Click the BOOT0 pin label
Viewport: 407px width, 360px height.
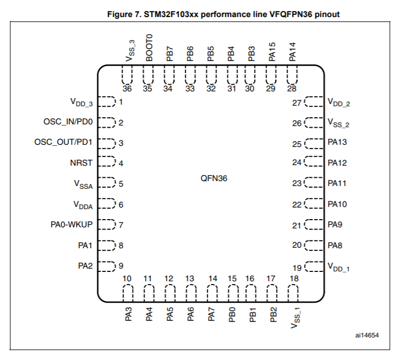[x=149, y=47]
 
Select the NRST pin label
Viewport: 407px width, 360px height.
[x=81, y=163]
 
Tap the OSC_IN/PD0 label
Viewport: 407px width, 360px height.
[x=68, y=122]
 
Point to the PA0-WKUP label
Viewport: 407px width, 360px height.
[x=71, y=225]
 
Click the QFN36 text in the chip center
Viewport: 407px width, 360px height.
[x=214, y=178]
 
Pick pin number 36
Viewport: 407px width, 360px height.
[x=127, y=89]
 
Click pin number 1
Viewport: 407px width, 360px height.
[x=120, y=101]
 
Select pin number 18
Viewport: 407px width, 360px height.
[x=294, y=279]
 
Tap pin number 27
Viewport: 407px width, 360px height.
[x=296, y=103]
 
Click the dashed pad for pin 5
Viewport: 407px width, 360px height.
[x=107, y=182]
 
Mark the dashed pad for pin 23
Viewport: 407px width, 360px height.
[x=314, y=182]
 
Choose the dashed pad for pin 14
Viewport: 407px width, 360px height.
[x=212, y=293]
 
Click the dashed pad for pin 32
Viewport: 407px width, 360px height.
[x=211, y=75]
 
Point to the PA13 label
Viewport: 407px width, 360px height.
[x=337, y=142]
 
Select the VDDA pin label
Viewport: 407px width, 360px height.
[x=83, y=205]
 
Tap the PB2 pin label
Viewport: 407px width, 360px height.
[x=273, y=314]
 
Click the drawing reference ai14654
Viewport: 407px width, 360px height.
[x=367, y=335]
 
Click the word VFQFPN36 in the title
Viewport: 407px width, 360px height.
[x=290, y=14]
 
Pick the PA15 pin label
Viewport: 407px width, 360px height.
[x=272, y=52]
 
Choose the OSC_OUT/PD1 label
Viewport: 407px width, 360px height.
[x=63, y=142]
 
